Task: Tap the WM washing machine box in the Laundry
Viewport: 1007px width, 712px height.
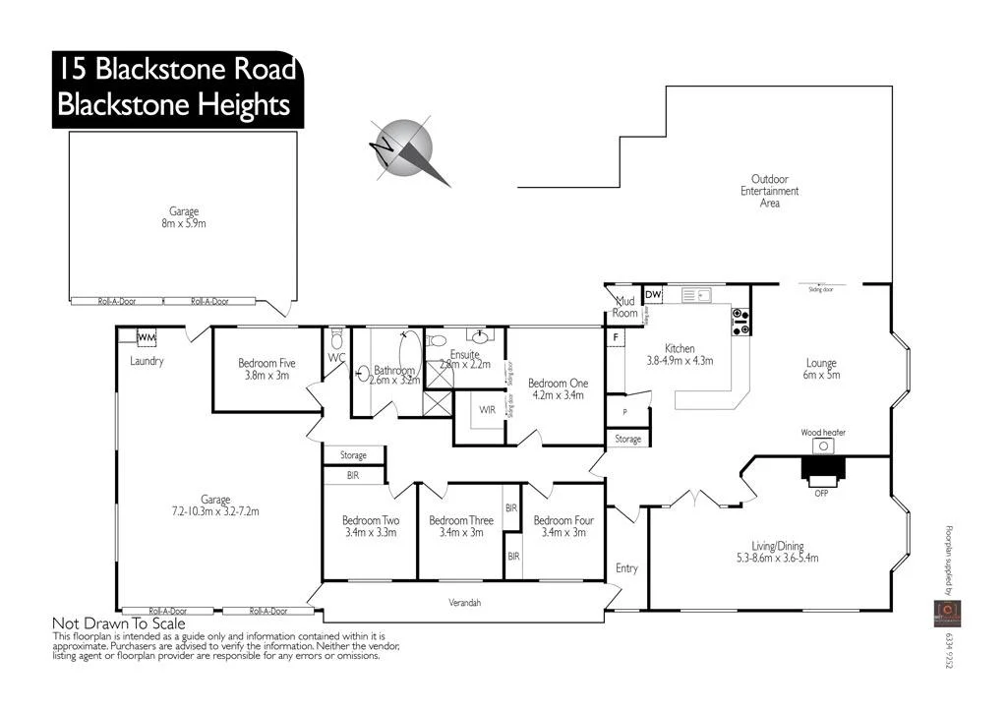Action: pyautogui.click(x=147, y=338)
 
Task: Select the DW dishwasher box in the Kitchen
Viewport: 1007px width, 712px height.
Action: pyautogui.click(x=653, y=295)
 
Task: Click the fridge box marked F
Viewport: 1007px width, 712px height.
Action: pyautogui.click(x=616, y=338)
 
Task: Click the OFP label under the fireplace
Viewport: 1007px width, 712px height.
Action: pyautogui.click(x=821, y=493)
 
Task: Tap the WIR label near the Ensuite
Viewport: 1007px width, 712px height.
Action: pyautogui.click(x=486, y=409)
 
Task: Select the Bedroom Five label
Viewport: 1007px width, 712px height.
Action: pyautogui.click(x=267, y=363)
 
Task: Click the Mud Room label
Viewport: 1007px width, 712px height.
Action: pyautogui.click(x=625, y=307)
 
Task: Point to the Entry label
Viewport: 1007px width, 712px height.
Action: pyautogui.click(x=626, y=568)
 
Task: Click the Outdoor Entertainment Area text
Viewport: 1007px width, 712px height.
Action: pyautogui.click(x=770, y=191)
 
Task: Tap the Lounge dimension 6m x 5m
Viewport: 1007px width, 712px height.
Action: pyautogui.click(x=821, y=376)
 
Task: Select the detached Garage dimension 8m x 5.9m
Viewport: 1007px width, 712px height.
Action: pyautogui.click(x=184, y=224)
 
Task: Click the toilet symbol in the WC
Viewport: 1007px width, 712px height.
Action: pyautogui.click(x=336, y=339)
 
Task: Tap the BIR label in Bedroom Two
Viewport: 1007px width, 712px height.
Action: pyautogui.click(x=353, y=475)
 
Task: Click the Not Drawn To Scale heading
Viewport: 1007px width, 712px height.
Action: pyautogui.click(x=118, y=623)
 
